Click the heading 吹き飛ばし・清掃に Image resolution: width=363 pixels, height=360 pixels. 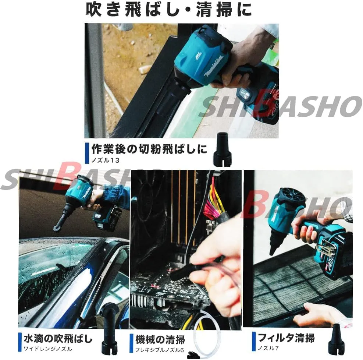click(x=168, y=10)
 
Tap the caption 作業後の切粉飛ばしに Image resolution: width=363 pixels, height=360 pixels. click(x=149, y=149)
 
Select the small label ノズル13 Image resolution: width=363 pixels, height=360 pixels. click(x=105, y=160)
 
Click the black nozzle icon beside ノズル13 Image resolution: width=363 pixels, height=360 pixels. click(x=222, y=149)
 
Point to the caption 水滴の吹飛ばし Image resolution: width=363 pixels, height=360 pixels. click(x=58, y=339)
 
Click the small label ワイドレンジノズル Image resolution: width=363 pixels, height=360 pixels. click(x=48, y=349)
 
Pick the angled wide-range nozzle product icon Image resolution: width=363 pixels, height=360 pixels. click(x=110, y=329)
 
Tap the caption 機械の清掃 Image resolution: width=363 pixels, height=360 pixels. click(x=160, y=340)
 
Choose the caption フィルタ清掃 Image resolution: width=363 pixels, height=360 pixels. click(x=286, y=338)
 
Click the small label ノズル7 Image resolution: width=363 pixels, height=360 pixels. click(x=268, y=348)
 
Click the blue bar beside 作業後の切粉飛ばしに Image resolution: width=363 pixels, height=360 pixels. click(x=87, y=153)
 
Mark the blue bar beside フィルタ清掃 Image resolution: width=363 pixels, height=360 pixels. click(x=254, y=342)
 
